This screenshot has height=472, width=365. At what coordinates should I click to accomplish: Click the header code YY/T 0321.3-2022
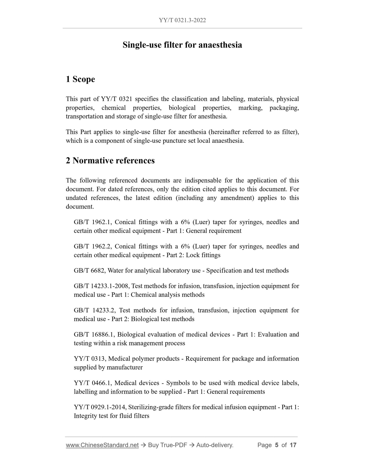(182, 20)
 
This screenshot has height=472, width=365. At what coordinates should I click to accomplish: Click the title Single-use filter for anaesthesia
(182, 45)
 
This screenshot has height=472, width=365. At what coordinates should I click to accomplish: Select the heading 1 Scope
(80, 79)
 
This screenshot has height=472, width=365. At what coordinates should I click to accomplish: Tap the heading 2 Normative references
(110, 161)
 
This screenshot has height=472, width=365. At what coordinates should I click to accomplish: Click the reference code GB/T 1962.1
(92, 222)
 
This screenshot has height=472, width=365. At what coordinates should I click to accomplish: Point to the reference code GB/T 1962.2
(92, 246)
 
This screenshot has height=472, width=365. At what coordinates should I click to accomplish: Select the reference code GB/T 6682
(90, 271)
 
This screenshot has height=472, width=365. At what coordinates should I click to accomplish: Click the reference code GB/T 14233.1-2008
(102, 286)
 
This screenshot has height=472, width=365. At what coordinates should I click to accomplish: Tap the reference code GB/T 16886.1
(94, 334)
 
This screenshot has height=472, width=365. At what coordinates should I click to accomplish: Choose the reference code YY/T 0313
(90, 359)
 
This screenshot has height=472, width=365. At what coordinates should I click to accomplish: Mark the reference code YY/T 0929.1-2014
(101, 407)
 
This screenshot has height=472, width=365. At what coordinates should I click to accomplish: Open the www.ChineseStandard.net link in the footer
(102, 445)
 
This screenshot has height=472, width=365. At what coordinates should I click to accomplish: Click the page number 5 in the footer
(277, 445)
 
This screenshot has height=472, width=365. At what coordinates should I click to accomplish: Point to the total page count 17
(293, 445)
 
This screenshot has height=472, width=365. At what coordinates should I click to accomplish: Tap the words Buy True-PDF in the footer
(167, 445)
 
